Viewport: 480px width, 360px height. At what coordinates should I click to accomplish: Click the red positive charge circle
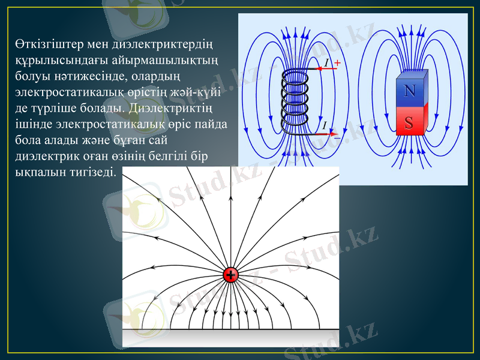click(230, 275)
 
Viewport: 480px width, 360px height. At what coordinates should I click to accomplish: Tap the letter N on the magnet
click(410, 91)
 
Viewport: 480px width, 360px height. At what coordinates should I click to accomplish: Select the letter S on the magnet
click(409, 122)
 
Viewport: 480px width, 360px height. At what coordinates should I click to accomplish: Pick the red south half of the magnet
click(410, 122)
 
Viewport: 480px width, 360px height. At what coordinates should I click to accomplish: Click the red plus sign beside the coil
click(337, 62)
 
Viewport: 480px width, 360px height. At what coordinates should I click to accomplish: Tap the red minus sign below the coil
click(337, 137)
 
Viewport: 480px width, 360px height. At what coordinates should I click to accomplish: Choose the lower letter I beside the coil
click(325, 125)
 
